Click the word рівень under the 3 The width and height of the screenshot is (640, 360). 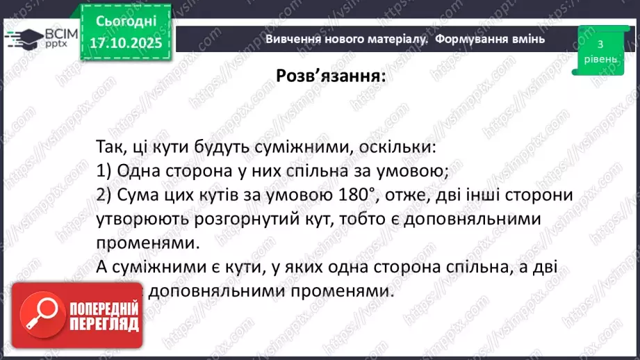[x=600, y=60]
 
